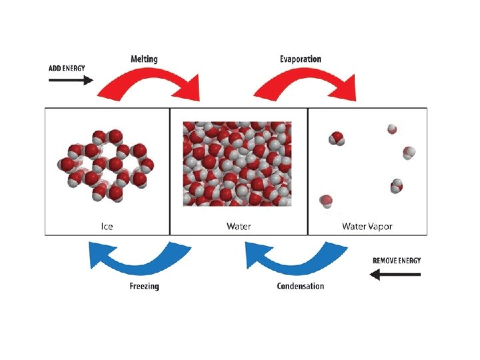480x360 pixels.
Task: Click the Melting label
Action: click(144, 59)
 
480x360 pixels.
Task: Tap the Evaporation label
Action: click(300, 59)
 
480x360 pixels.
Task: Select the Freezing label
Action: click(144, 287)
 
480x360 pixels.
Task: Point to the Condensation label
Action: click(300, 287)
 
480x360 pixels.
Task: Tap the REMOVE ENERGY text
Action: click(397, 260)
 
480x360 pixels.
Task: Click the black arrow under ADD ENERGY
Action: click(71, 80)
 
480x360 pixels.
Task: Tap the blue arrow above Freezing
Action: click(140, 260)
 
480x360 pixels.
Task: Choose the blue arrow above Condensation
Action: click(297, 260)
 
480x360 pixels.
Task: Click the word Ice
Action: click(107, 227)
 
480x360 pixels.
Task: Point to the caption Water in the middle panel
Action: click(239, 227)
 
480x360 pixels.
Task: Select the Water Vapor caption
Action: click(367, 227)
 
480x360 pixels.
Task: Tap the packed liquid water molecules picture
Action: click(237, 164)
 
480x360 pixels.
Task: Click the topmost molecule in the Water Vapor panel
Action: click(392, 129)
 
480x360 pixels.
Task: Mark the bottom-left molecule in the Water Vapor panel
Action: click(326, 200)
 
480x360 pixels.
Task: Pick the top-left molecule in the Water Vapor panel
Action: click(337, 139)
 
